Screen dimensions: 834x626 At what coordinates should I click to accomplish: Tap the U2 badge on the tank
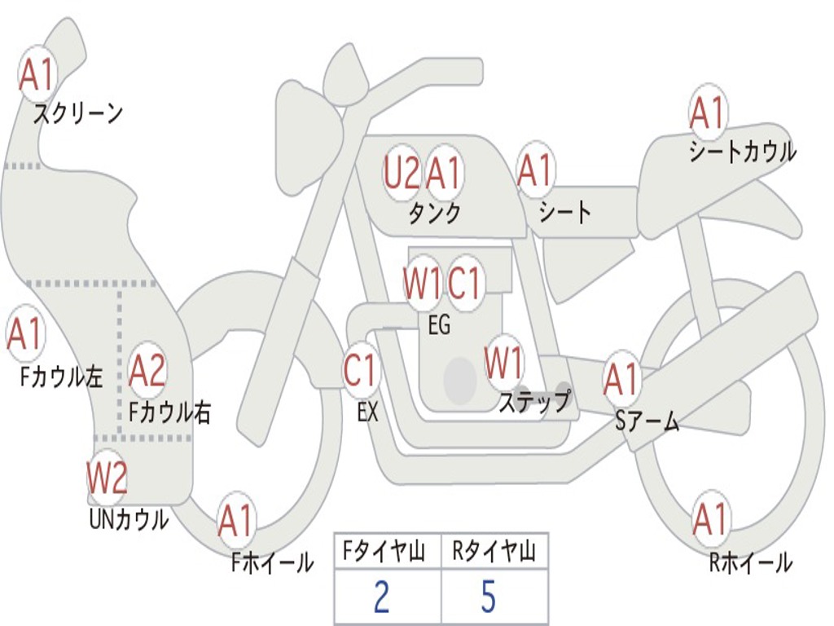click(x=402, y=174)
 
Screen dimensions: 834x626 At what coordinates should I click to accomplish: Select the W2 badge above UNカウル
click(x=107, y=477)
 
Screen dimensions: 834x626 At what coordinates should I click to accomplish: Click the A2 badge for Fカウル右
click(x=147, y=371)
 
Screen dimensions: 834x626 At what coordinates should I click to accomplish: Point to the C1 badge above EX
click(x=361, y=371)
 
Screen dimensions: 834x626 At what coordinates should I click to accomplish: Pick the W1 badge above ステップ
click(x=504, y=364)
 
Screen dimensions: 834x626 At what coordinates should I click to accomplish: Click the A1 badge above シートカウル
click(x=707, y=112)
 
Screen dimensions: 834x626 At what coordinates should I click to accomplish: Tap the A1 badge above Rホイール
click(x=709, y=520)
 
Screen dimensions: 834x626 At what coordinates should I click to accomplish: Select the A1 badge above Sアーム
click(x=621, y=379)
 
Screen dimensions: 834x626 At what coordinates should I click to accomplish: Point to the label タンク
click(x=434, y=214)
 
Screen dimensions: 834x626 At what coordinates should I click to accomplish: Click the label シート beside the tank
click(x=565, y=213)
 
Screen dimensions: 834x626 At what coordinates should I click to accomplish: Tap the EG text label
click(x=439, y=325)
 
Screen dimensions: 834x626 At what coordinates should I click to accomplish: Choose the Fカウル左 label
click(x=62, y=377)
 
